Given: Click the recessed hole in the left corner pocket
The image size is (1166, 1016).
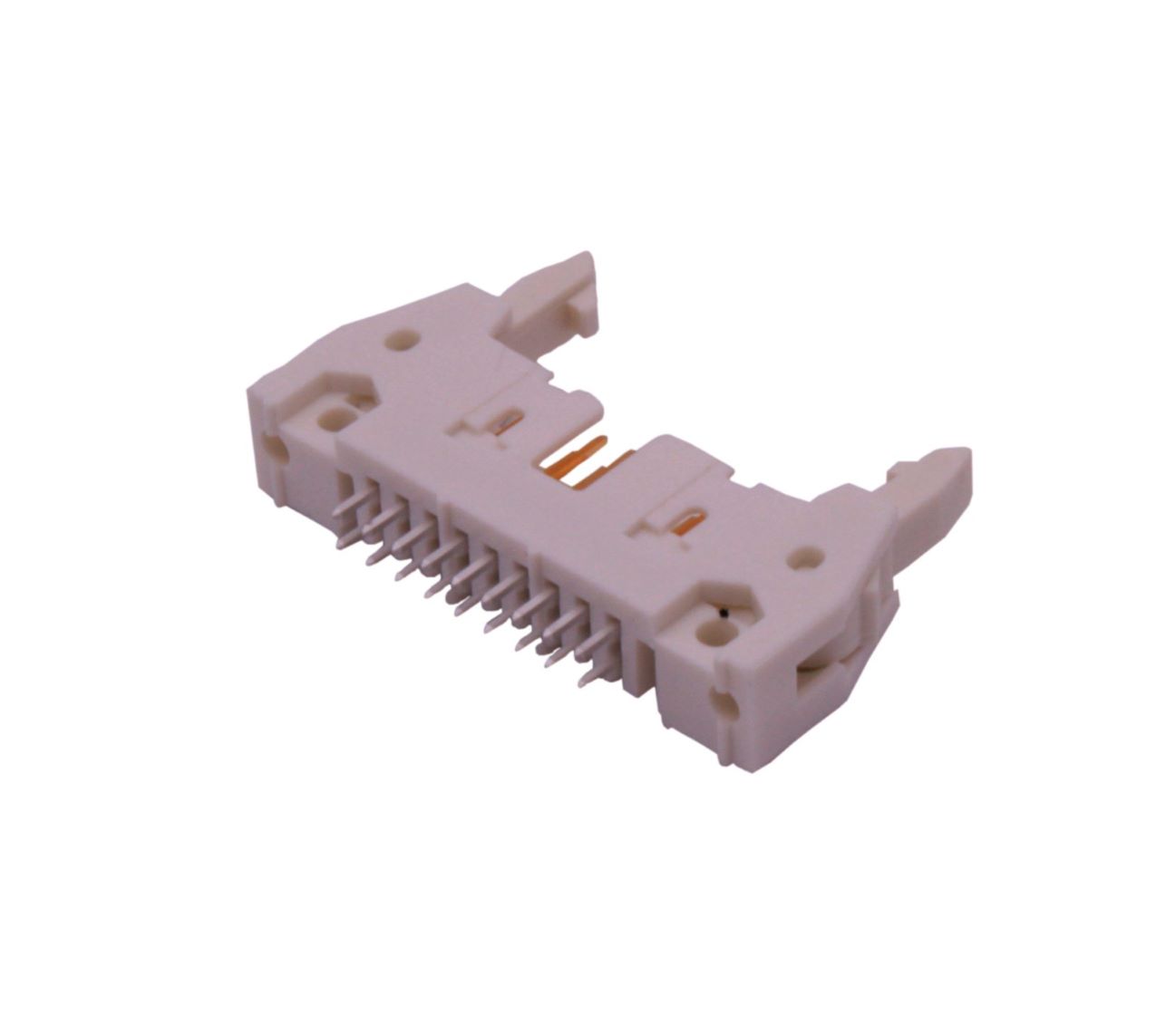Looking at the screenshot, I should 326,419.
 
